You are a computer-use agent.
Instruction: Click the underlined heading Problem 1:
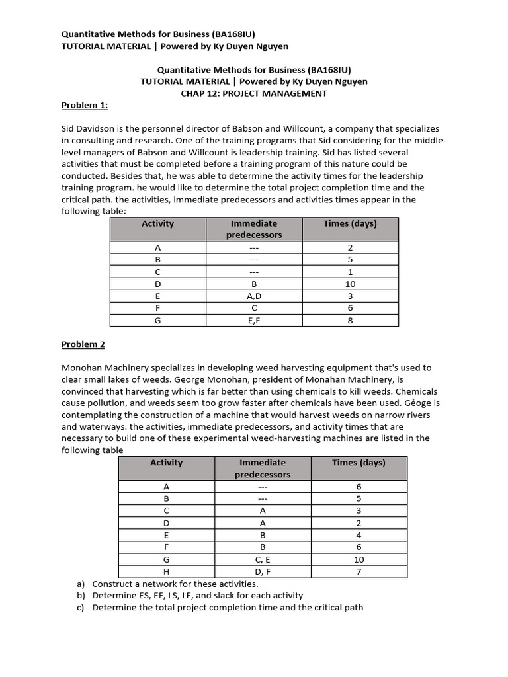pyautogui.click(x=85, y=105)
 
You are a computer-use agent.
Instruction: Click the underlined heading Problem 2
pyautogui.click(x=83, y=344)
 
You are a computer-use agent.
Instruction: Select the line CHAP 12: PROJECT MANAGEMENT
pyautogui.click(x=254, y=93)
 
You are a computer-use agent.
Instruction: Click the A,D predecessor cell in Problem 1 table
pyautogui.click(x=254, y=296)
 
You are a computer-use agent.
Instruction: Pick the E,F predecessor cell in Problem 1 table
pyautogui.click(x=254, y=321)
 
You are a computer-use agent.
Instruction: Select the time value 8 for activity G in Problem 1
pyautogui.click(x=350, y=321)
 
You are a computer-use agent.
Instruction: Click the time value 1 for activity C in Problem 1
pyautogui.click(x=350, y=272)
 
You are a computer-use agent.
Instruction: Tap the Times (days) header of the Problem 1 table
pyautogui.click(x=350, y=223)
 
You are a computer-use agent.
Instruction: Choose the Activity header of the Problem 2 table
pyautogui.click(x=167, y=463)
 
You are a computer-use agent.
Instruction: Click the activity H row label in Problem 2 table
pyautogui.click(x=167, y=572)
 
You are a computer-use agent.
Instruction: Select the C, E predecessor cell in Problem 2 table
pyautogui.click(x=263, y=559)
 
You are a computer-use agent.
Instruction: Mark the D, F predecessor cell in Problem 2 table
pyautogui.click(x=263, y=572)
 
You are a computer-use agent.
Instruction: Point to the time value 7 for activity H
pyautogui.click(x=359, y=572)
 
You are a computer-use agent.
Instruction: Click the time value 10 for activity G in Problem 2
pyautogui.click(x=359, y=559)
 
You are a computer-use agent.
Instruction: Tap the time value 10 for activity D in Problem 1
pyautogui.click(x=350, y=284)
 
